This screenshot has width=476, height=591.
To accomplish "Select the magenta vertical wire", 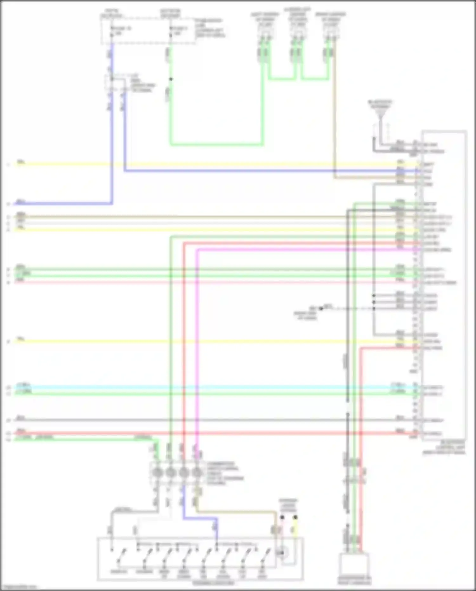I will [197, 349].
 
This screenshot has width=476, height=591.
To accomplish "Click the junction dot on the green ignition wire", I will [171, 79].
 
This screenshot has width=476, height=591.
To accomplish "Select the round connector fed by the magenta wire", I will [197, 473].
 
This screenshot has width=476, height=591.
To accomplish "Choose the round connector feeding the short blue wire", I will [184, 473].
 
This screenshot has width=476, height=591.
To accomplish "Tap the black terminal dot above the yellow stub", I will [295, 517].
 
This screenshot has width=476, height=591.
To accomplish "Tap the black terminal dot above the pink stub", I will [282, 517].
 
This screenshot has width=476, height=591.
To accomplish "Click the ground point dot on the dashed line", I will [321, 308].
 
